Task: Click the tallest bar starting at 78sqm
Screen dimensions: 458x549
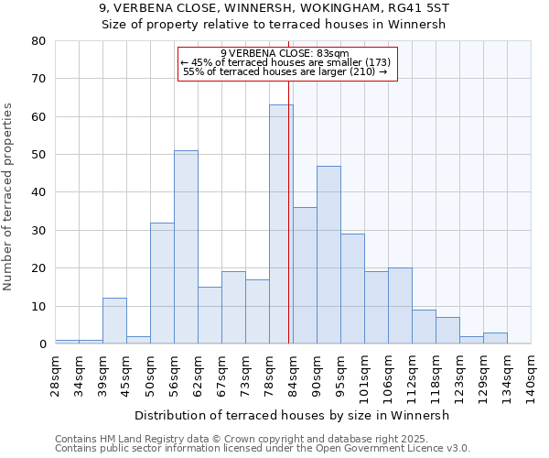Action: click(281, 224)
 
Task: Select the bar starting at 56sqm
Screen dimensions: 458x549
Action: click(186, 247)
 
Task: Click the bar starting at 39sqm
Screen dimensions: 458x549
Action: click(114, 321)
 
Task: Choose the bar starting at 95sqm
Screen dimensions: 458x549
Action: click(352, 289)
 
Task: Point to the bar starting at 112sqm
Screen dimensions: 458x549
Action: click(424, 327)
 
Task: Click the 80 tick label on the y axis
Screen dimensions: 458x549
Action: click(38, 41)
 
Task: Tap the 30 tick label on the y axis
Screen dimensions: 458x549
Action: click(38, 231)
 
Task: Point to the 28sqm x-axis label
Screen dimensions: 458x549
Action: click(56, 373)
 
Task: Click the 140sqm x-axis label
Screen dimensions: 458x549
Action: click(532, 376)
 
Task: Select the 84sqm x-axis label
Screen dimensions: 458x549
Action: click(294, 373)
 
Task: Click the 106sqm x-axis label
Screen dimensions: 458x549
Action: click(389, 376)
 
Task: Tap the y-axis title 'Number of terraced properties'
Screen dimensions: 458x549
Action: click(9, 196)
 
